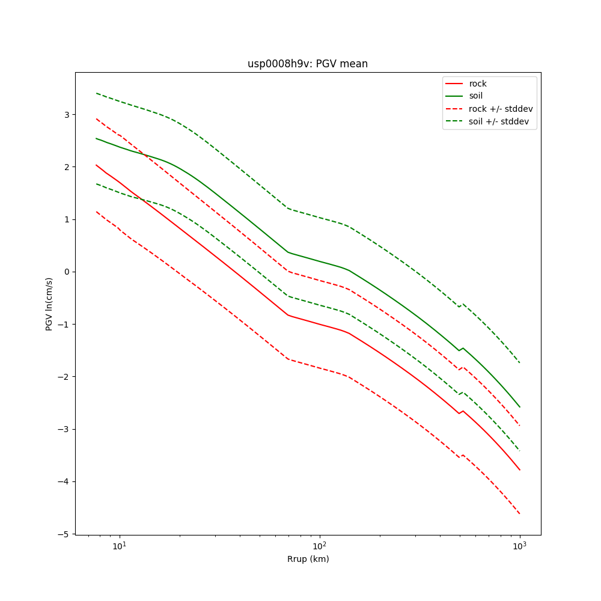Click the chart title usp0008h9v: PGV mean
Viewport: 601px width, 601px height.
click(x=308, y=64)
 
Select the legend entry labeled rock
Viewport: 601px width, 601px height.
click(x=478, y=84)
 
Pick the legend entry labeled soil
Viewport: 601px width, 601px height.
click(x=475, y=96)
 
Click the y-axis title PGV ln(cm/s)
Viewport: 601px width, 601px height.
click(x=49, y=304)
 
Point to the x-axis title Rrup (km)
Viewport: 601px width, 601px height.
click(x=308, y=559)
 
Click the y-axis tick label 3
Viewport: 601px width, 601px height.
click(x=67, y=114)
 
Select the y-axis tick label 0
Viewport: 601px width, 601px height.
click(x=67, y=272)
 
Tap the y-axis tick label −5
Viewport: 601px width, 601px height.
click(x=64, y=534)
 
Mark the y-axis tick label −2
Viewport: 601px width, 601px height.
click(x=64, y=377)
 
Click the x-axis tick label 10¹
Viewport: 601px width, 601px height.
click(x=120, y=546)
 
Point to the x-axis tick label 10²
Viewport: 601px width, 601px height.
click(x=320, y=546)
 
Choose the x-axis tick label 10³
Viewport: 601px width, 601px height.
click(x=519, y=546)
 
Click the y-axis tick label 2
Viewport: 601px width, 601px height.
click(x=67, y=166)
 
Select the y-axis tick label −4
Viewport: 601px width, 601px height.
click(x=64, y=481)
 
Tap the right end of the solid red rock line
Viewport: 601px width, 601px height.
click(x=519, y=470)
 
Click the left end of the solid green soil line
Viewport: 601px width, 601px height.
click(x=96, y=138)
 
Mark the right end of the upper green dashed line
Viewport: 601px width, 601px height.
click(x=519, y=362)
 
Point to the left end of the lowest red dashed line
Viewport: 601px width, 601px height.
click(x=96, y=212)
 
